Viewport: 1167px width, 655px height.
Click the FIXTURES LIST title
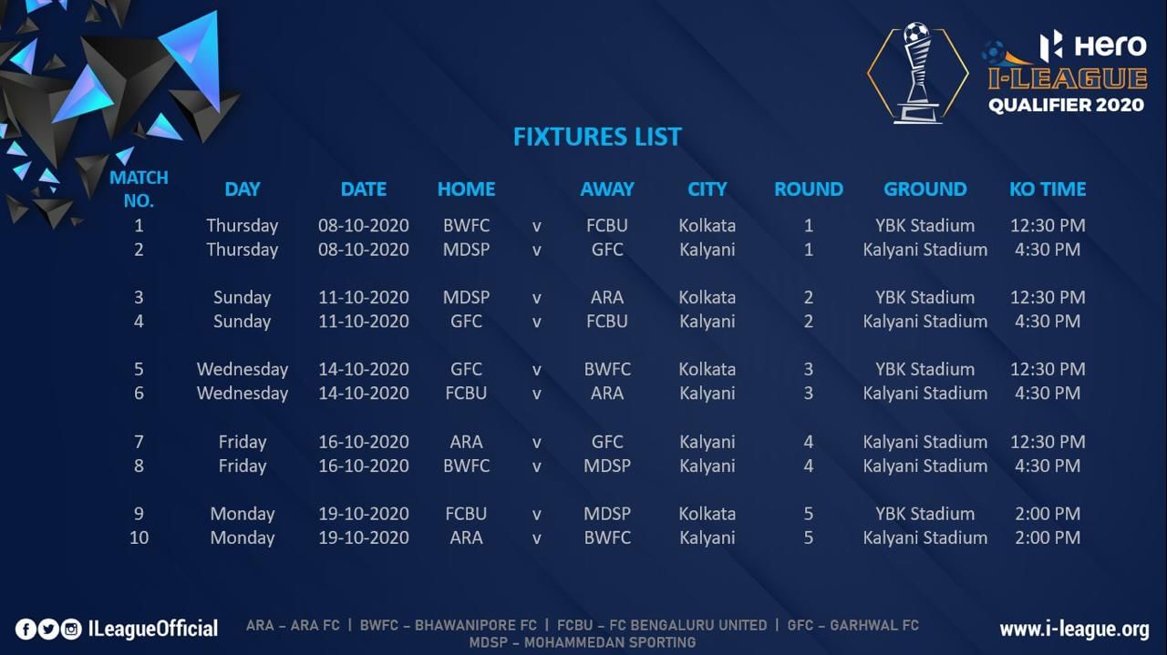[x=597, y=137]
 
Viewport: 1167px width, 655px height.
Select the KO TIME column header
[x=1048, y=189]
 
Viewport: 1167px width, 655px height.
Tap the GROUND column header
[x=925, y=189]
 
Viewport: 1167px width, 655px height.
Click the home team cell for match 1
[x=466, y=225]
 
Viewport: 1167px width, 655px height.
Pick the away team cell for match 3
[x=607, y=297]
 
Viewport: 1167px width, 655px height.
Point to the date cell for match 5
[x=364, y=369]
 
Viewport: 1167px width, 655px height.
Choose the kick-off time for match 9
[x=1048, y=514]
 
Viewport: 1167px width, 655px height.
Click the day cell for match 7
[x=243, y=442]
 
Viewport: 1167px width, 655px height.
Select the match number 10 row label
[x=139, y=537]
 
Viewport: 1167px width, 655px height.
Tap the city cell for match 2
[x=707, y=250]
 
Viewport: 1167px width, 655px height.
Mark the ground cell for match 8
[x=925, y=466]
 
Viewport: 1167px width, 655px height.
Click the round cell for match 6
[x=808, y=394]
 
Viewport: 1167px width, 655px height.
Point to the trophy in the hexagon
[x=917, y=73]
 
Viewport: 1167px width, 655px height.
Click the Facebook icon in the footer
[x=26, y=629]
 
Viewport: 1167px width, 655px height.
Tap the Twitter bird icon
[x=48, y=629]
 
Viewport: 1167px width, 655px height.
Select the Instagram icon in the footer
[x=71, y=629]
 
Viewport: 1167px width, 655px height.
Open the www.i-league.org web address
[x=1074, y=629]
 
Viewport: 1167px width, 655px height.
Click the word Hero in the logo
[x=1110, y=46]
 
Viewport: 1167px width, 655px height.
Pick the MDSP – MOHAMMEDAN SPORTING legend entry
[x=583, y=642]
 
